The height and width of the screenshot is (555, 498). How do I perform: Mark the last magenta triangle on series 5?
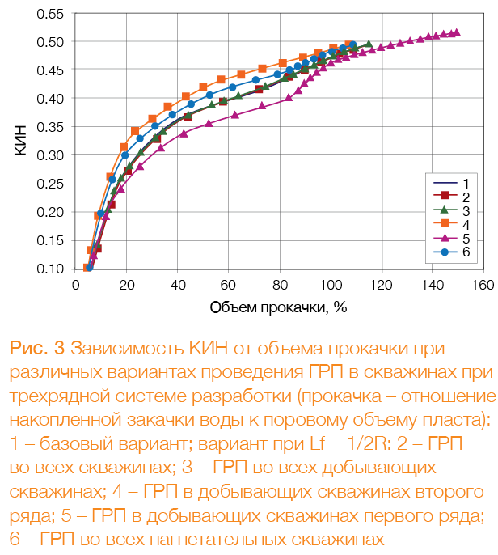click(x=457, y=32)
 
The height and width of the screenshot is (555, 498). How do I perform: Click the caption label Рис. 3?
click(x=36, y=349)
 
